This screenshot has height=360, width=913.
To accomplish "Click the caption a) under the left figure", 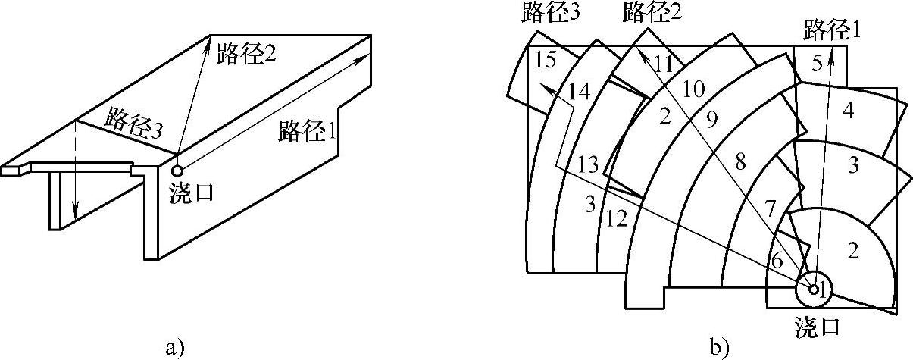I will [174, 348].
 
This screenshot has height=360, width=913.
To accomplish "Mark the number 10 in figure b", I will [694, 89].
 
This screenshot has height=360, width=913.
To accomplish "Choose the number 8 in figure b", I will [741, 161].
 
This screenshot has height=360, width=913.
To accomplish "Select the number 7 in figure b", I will [770, 207].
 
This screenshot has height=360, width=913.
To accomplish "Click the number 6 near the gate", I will [775, 258].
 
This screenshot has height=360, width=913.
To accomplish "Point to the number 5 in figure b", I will [817, 64].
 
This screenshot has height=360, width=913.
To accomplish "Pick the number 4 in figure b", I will [849, 111].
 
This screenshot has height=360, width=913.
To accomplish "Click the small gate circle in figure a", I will [177, 171].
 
